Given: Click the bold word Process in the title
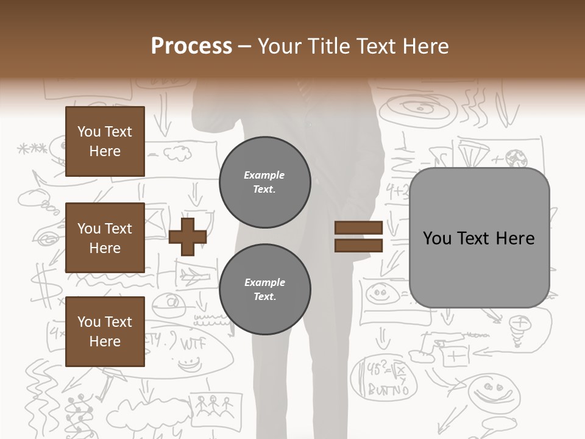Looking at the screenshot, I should click(191, 46).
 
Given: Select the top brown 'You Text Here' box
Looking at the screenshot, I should click(105, 141).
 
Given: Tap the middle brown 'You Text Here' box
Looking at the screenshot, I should click(105, 238).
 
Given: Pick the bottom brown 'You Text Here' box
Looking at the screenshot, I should click(105, 332).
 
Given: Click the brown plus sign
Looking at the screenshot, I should click(188, 237).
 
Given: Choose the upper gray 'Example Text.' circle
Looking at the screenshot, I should click(264, 182).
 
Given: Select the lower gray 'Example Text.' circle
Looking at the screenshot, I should click(264, 290).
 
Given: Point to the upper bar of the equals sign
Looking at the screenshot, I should click(358, 228).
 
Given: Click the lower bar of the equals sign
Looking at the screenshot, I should click(358, 246).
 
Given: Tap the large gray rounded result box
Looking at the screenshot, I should click(479, 238).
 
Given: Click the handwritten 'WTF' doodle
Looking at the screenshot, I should click(194, 343).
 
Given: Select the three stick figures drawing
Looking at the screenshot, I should click(212, 404).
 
